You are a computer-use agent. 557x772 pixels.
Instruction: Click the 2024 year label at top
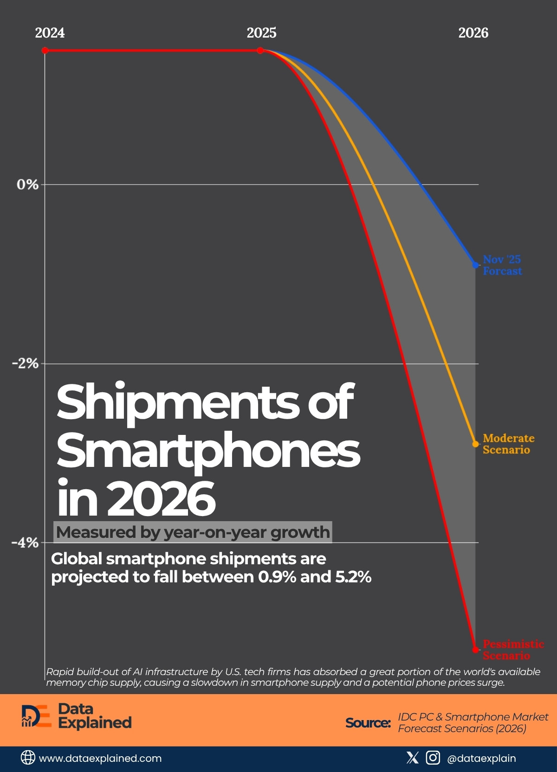point(50,33)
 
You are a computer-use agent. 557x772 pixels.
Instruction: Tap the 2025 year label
point(261,33)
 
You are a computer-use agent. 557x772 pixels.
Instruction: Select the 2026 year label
point(473,33)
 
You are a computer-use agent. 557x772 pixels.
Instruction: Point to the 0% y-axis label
point(27,185)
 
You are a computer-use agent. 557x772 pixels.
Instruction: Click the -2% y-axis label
point(25,364)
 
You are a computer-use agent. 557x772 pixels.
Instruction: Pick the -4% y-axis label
point(25,542)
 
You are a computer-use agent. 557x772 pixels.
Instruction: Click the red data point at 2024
point(45,50)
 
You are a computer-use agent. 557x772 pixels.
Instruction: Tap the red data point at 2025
point(260,50)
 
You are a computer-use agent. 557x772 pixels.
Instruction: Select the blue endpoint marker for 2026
point(475,265)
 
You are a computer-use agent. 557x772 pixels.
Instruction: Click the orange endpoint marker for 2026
point(475,444)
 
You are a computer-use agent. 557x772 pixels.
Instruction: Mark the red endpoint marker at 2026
point(475,650)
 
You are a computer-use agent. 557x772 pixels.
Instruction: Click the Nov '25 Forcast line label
point(502,265)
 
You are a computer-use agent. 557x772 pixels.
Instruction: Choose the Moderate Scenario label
point(508,444)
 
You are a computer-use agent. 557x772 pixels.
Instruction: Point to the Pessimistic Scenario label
point(513,650)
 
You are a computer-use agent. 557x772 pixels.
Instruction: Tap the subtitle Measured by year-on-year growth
point(193,532)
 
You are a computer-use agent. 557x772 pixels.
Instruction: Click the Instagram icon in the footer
point(433,758)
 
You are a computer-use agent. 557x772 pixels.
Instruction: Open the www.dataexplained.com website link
point(100,759)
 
